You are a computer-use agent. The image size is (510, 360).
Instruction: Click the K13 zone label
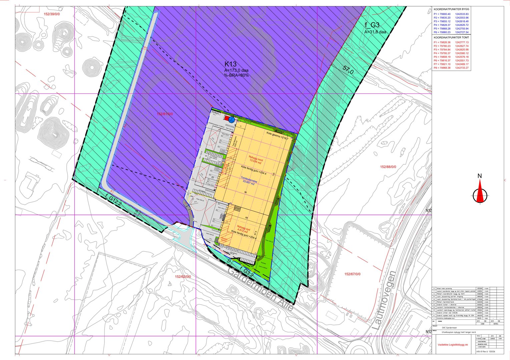point(230,64)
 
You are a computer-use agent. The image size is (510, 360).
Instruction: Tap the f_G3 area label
point(372,25)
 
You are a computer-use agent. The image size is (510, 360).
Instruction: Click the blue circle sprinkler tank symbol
point(231,119)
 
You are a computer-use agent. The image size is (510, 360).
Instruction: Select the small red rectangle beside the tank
point(226,118)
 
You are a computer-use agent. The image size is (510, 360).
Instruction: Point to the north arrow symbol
point(480,191)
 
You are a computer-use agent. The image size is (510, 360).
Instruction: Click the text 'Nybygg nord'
point(256,157)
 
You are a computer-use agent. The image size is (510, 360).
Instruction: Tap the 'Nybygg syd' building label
point(243,229)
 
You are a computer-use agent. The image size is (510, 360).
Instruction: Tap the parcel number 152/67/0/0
point(352,274)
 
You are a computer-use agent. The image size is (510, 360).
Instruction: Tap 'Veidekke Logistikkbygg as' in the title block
point(453,344)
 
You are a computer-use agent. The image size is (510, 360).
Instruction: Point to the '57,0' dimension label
point(348,70)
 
